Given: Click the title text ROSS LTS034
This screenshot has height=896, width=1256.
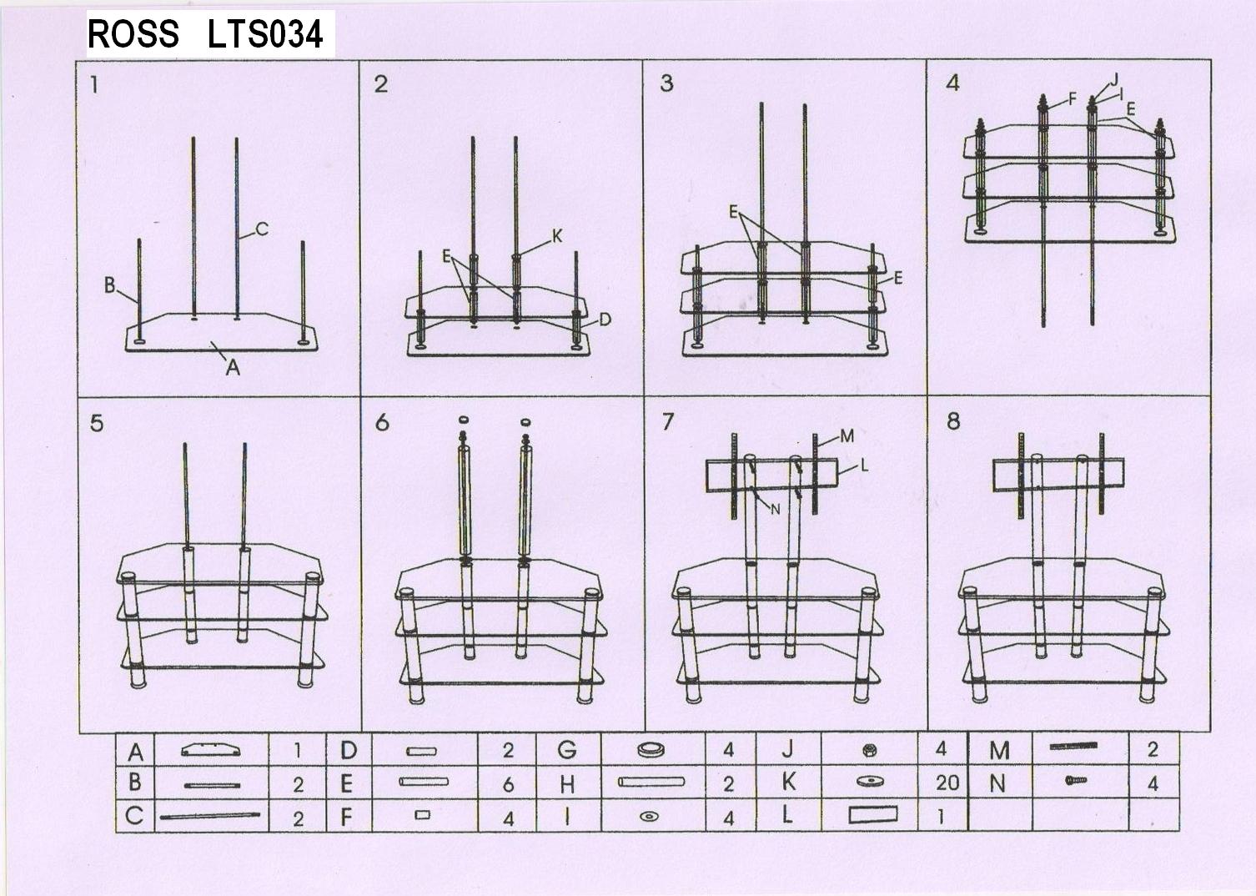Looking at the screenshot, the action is point(205,33).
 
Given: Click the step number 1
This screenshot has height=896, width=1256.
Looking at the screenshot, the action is point(93,84).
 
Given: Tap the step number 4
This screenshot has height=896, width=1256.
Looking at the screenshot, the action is point(952,83).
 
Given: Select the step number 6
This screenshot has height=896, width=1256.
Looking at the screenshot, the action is point(382,422).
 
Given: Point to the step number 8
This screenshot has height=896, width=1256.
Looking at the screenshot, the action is point(953,420).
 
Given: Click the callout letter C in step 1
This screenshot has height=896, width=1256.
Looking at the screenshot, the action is point(262,229).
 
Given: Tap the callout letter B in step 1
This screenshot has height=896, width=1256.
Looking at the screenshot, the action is point(110,285).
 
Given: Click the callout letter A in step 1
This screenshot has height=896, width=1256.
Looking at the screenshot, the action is point(233,367).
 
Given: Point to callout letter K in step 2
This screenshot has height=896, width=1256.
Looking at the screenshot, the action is point(557,236).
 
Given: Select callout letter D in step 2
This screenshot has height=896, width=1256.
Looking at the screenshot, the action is point(605,320).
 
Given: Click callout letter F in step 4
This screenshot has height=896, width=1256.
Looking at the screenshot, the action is point(1073,98).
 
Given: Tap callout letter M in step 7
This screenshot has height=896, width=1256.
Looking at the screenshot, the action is point(847,436).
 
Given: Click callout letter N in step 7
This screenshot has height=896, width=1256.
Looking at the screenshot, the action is point(776,509).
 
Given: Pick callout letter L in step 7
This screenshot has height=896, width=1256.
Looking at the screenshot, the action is point(864,466).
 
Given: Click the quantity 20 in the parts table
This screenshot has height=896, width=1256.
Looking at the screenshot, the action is point(947,783).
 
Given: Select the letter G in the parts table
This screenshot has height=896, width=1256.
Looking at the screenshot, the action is point(567,749).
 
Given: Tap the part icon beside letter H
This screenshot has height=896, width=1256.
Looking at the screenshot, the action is point(651,782).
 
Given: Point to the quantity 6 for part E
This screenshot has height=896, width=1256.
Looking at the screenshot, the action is point(508,784).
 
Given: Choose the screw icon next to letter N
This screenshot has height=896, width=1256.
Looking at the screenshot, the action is point(1076,780).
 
